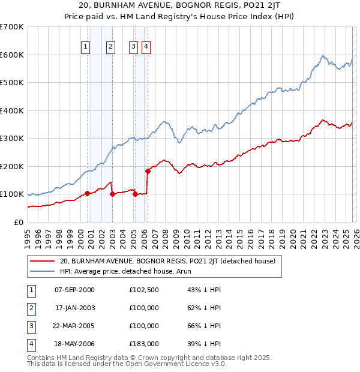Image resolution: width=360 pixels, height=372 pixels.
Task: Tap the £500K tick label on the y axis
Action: point(12,82)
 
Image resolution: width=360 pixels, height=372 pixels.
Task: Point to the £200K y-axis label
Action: point(12,166)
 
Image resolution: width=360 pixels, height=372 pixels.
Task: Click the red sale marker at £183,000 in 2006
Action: point(148,171)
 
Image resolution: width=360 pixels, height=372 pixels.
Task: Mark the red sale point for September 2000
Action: point(88,193)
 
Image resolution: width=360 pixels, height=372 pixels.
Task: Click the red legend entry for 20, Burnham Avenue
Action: point(167,261)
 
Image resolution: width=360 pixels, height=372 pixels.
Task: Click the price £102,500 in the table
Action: point(143,290)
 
